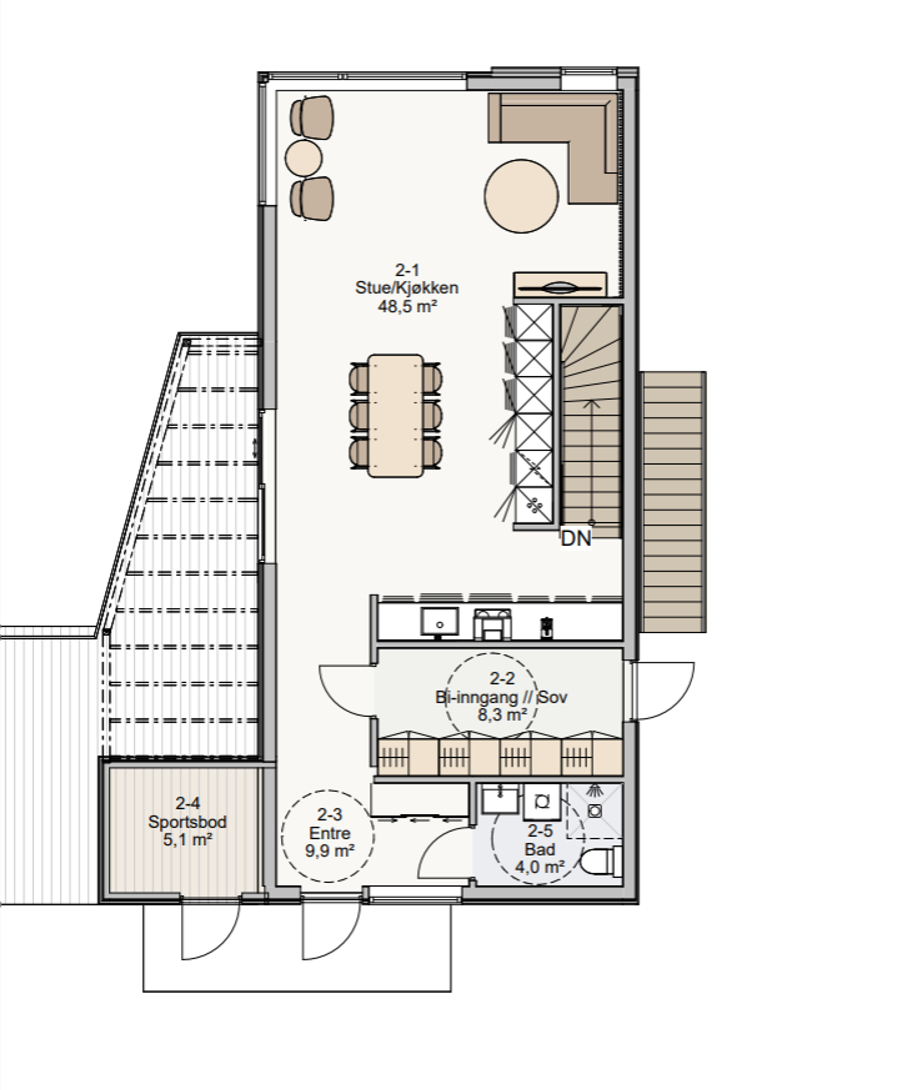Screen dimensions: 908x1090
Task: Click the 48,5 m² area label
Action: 407,306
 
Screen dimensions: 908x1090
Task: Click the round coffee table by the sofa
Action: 521,196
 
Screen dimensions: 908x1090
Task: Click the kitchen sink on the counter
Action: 439,622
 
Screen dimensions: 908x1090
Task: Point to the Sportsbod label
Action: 188,822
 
